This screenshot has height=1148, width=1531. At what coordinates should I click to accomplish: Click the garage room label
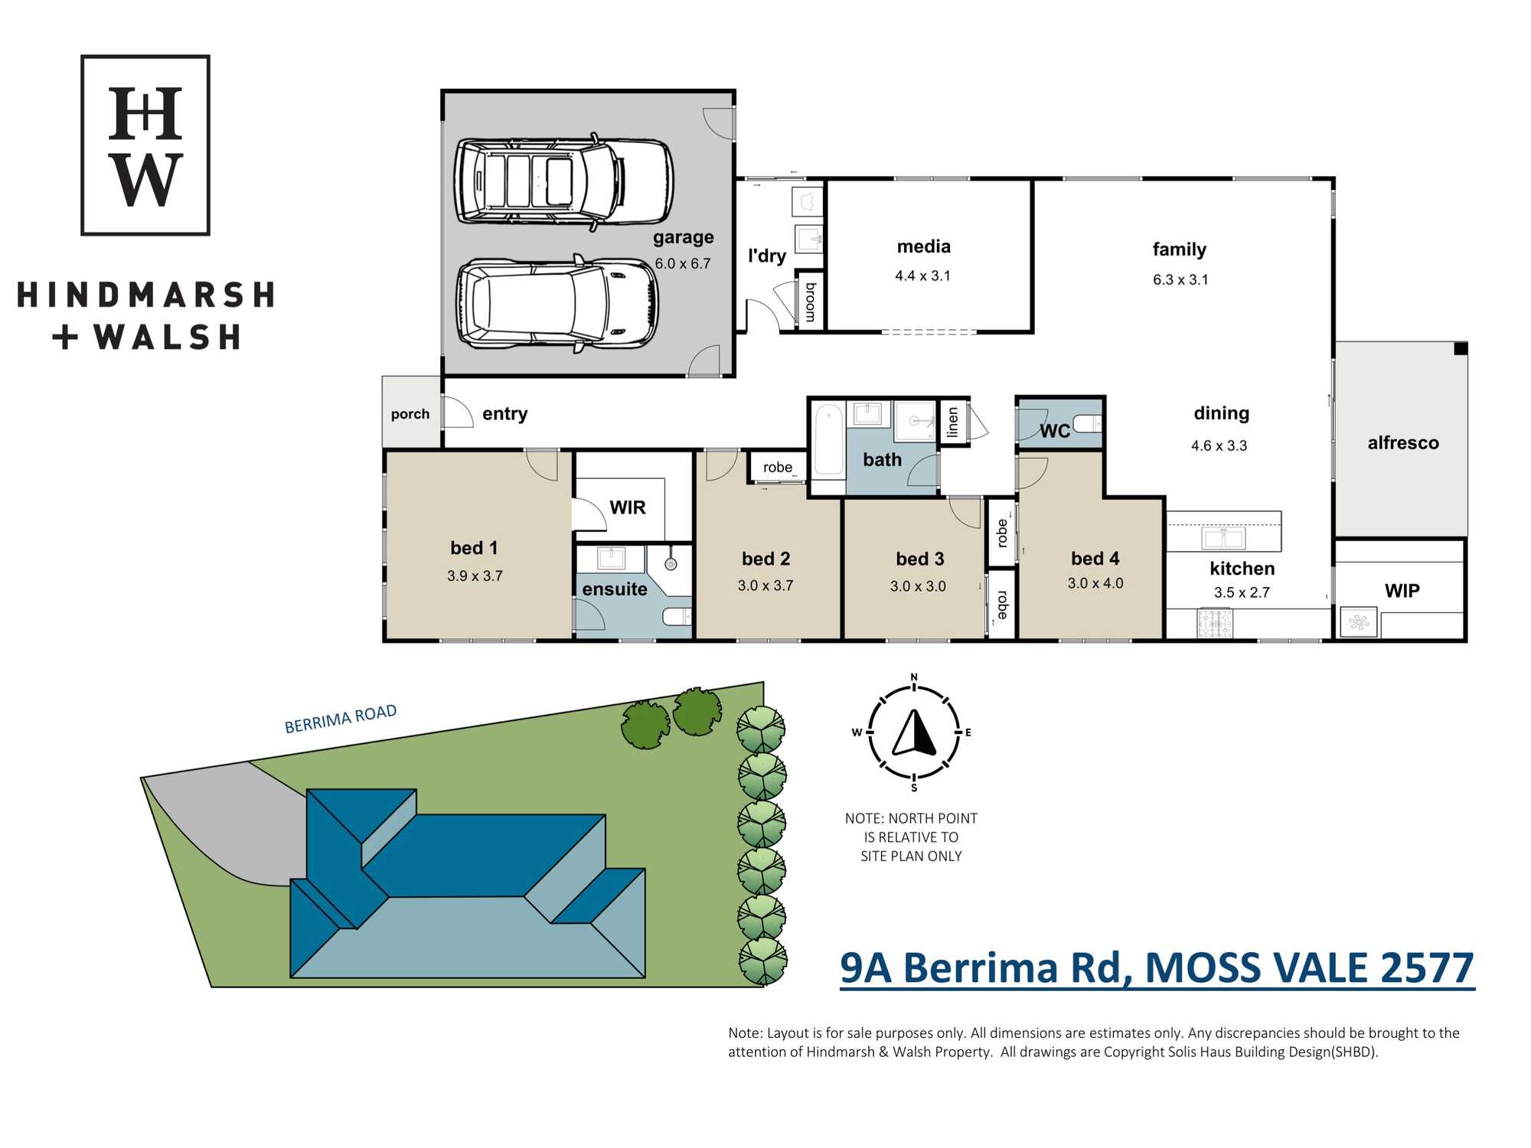pyautogui.click(x=683, y=238)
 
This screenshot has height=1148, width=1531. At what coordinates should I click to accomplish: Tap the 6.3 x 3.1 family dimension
pyautogui.click(x=1180, y=280)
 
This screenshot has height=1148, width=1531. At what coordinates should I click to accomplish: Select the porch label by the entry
pyautogui.click(x=410, y=414)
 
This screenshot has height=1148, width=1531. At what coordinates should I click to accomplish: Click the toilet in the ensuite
pyautogui.click(x=677, y=616)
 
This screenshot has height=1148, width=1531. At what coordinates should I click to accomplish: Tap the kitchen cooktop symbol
pyautogui.click(x=1215, y=623)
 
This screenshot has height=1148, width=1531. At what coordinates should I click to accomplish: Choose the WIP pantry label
pyautogui.click(x=1402, y=591)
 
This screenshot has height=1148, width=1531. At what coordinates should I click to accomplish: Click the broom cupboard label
pyautogui.click(x=811, y=302)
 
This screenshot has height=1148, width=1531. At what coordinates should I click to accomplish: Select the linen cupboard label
pyautogui.click(x=952, y=422)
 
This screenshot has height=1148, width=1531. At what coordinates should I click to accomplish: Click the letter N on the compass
pyautogui.click(x=914, y=677)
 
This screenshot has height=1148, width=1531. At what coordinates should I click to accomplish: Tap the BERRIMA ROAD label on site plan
pyautogui.click(x=341, y=719)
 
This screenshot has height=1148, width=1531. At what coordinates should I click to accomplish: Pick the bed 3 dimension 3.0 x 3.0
pyautogui.click(x=918, y=587)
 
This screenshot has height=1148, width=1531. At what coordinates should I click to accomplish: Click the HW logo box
pyautogui.click(x=145, y=145)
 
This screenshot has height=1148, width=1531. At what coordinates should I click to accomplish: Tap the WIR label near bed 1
pyautogui.click(x=628, y=507)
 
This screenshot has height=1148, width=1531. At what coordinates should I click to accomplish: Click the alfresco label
pyautogui.click(x=1403, y=443)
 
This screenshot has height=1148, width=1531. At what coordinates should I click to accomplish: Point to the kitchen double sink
pyautogui.click(x=1224, y=538)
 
